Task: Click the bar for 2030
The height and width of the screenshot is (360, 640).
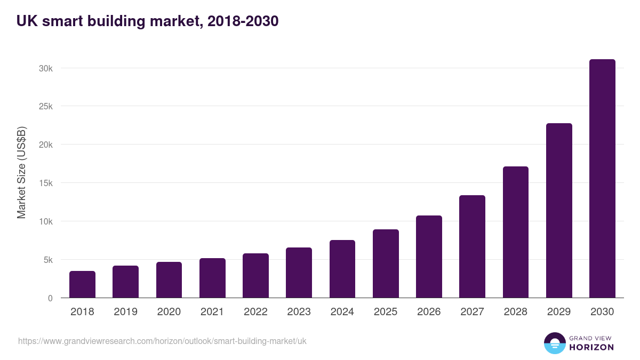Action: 602,179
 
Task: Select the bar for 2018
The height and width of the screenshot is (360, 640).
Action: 82,284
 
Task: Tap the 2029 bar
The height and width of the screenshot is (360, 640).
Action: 559,211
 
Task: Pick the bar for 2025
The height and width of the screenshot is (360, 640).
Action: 386,263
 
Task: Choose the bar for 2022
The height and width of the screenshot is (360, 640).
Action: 255,276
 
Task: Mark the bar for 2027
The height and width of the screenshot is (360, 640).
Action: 472,246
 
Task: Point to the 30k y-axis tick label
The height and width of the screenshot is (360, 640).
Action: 46,68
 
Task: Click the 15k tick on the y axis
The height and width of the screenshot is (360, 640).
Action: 46,183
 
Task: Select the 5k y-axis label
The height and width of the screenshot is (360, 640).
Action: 48,260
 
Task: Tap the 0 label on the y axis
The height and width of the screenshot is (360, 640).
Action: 50,298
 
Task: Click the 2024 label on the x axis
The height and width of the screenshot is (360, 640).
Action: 342,312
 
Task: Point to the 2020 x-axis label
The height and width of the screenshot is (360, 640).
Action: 169,312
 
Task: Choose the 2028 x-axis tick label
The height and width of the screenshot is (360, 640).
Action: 515,312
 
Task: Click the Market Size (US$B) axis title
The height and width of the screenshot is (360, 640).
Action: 21,173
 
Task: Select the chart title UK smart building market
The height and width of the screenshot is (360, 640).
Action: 147,21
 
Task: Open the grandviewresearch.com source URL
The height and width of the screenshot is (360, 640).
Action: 162,341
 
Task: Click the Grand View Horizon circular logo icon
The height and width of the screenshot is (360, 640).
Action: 554,343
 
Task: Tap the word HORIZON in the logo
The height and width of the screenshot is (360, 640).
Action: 591,347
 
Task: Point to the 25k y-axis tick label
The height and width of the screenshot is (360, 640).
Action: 46,106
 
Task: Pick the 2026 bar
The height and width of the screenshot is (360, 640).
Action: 429,257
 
